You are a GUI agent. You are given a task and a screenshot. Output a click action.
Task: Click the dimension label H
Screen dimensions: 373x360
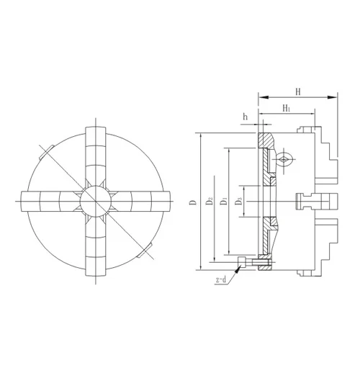tap(297, 90)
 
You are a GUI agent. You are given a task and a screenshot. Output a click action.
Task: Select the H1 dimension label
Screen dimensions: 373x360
tap(287, 108)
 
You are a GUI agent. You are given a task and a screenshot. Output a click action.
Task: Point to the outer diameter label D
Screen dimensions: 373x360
tap(192, 203)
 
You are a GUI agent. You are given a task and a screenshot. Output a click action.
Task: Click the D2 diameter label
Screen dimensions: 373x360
tap(210, 203)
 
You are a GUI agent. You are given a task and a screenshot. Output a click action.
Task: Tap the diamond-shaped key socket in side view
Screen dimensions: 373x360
tap(286, 161)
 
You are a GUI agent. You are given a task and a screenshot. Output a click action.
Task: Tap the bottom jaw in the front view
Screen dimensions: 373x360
tap(96, 245)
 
